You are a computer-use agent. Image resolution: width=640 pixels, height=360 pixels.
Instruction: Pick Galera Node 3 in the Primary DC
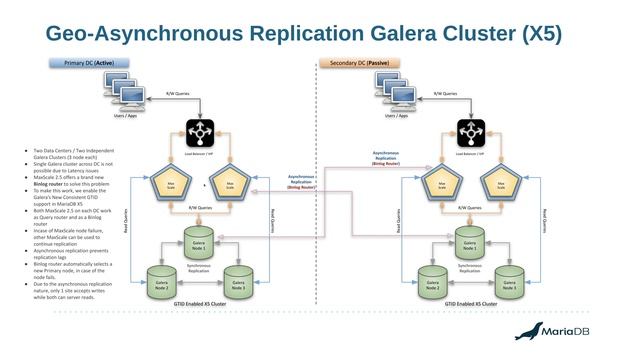(234, 282)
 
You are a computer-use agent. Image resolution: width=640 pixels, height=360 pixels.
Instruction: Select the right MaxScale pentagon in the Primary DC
(230, 184)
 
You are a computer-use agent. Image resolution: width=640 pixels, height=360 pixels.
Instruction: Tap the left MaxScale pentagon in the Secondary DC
(439, 184)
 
